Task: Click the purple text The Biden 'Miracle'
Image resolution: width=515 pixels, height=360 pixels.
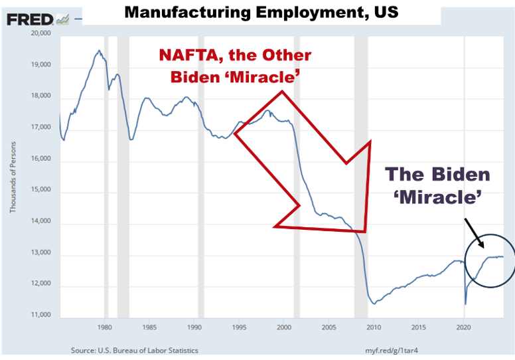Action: (438, 186)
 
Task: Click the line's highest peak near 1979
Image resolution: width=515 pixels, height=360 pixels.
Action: (99, 50)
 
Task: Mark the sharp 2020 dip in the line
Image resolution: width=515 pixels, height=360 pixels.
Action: (465, 303)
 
